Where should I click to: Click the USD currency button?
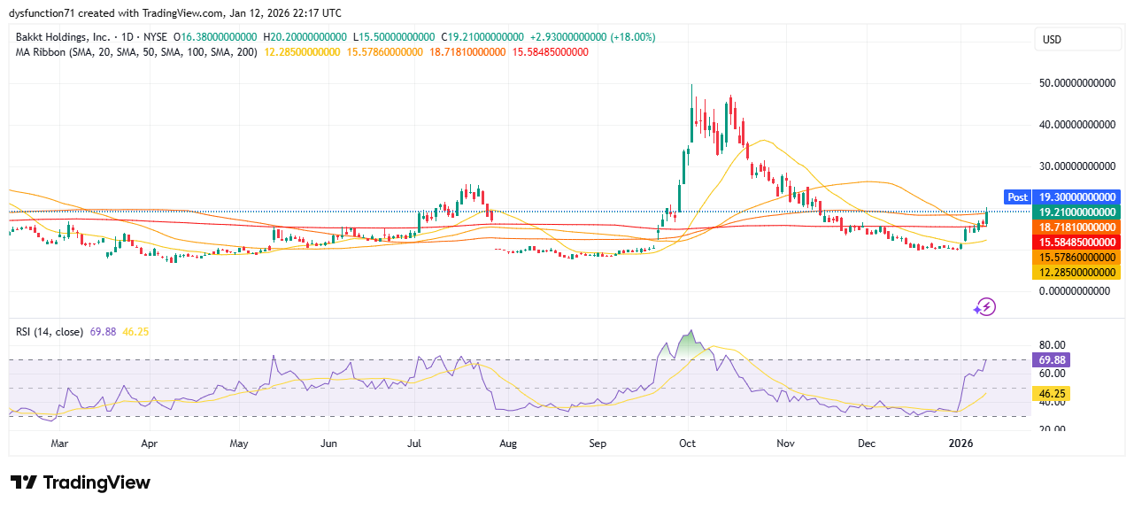(1053, 40)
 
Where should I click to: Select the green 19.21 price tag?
(1076, 212)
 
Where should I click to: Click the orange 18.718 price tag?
(1076, 228)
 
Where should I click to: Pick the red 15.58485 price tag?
(1076, 242)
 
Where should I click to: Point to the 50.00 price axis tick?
(1076, 83)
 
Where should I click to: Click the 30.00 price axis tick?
(1076, 166)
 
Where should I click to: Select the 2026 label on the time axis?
(960, 442)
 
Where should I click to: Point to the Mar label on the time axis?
(59, 442)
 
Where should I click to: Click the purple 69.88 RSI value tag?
(1052, 360)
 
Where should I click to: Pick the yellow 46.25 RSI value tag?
(1052, 392)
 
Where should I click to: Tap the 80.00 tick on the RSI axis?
(1051, 345)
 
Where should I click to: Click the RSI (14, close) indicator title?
(49, 332)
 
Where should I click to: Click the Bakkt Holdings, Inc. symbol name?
(63, 37)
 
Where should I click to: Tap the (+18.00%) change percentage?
(632, 37)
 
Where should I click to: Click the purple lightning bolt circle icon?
(984, 307)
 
